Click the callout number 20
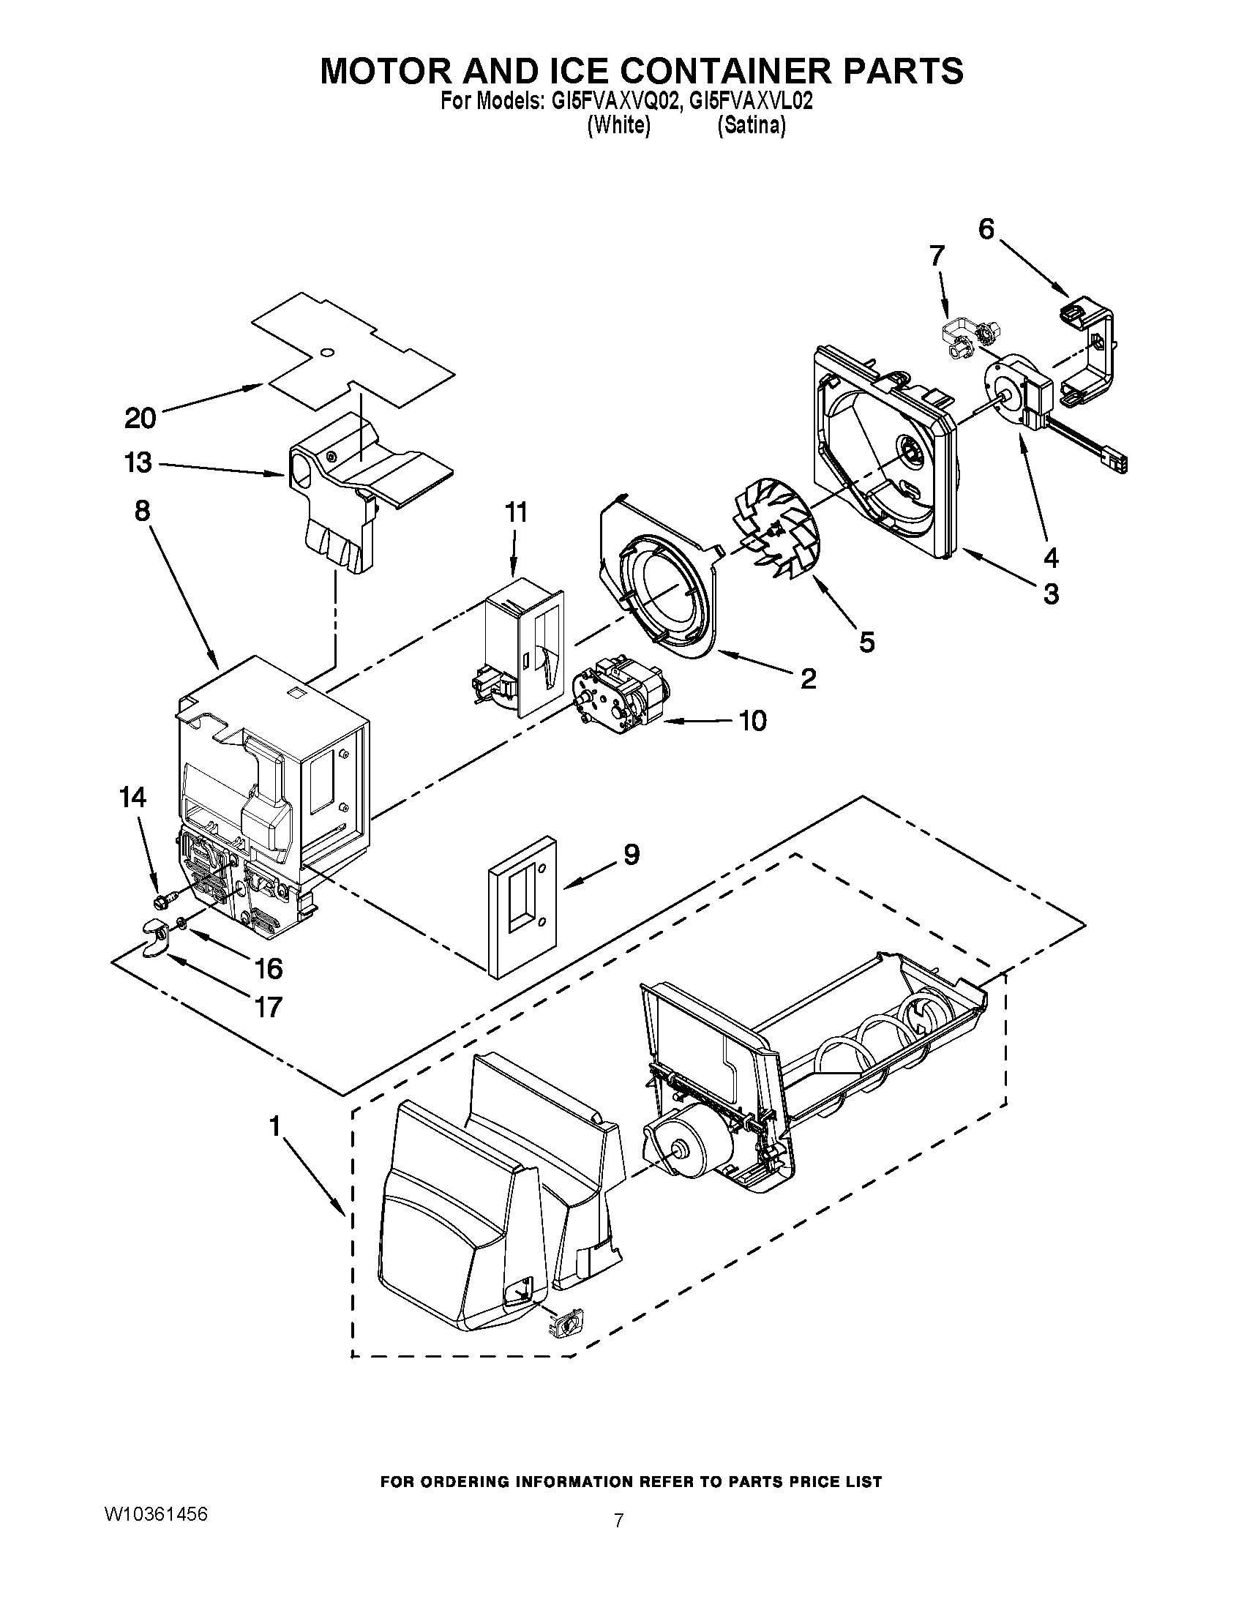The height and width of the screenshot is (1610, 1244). [140, 418]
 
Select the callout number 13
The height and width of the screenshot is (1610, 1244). [138, 463]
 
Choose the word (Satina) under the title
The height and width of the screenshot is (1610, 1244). [751, 126]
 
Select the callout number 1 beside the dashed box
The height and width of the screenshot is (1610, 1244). [275, 1126]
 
